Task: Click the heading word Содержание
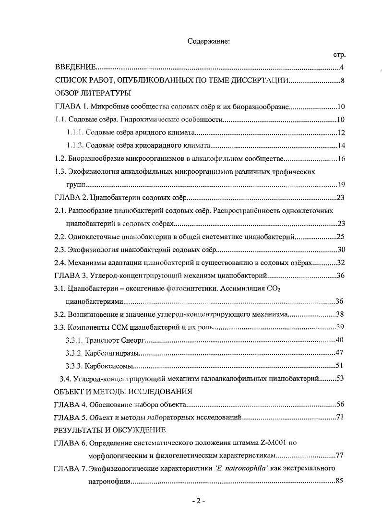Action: (x=209, y=41)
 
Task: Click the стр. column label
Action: (x=339, y=55)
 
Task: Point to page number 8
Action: (x=342, y=80)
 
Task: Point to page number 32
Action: (x=340, y=263)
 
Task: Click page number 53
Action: (x=340, y=379)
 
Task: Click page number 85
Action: (x=339, y=481)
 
